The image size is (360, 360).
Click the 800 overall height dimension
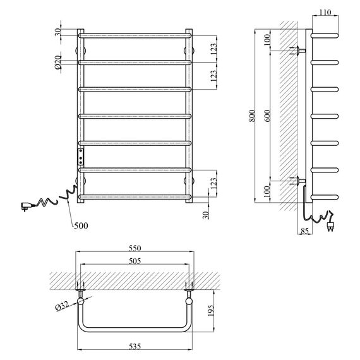(x=252, y=116)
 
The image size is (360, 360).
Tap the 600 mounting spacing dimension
(x=268, y=116)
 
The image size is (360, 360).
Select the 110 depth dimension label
(x=325, y=12)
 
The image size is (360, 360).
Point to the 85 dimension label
(x=304, y=231)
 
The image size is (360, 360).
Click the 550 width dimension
(x=135, y=248)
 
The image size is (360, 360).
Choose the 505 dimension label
(x=135, y=261)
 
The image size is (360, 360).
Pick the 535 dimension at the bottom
(x=135, y=346)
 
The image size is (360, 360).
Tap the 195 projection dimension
(x=210, y=311)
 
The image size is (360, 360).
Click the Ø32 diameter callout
(x=62, y=306)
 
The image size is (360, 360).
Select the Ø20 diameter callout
(x=58, y=63)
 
